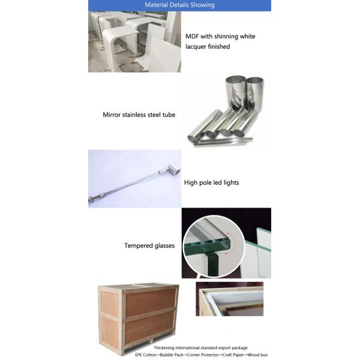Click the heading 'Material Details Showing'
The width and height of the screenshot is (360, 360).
pos(179,5)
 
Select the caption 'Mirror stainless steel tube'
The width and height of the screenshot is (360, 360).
pos(139,115)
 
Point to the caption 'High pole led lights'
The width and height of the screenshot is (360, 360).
pos(212,182)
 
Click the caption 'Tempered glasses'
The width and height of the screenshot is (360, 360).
pos(149,245)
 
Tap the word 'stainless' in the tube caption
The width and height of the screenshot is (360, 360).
pos(145,115)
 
